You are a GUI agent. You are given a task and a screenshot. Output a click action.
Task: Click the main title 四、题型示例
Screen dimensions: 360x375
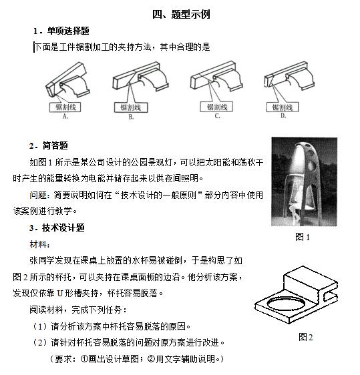pyautogui.click(x=182, y=15)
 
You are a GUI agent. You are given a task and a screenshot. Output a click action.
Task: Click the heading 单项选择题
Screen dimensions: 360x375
pyautogui.click(x=68, y=31)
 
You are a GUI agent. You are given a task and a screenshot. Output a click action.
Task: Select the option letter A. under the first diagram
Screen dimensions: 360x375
pyautogui.click(x=65, y=117)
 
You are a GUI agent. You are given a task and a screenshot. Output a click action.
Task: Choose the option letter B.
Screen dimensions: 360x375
pyautogui.click(x=131, y=117)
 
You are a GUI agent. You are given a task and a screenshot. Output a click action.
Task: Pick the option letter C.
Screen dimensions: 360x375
pyautogui.click(x=217, y=116)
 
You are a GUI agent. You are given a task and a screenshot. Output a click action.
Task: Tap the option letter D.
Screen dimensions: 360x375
pyautogui.click(x=283, y=116)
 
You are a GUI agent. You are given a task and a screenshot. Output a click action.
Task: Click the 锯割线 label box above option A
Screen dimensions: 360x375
pyautogui.click(x=65, y=107)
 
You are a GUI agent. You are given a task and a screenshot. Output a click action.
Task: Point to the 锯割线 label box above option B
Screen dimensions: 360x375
pyautogui.click(x=131, y=107)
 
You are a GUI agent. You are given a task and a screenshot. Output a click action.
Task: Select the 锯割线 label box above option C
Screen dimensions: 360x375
pyautogui.click(x=217, y=107)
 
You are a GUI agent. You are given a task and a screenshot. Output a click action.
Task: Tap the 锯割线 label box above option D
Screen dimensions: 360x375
pyautogui.click(x=283, y=107)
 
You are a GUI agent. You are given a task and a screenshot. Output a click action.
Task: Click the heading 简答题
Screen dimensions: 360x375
pyautogui.click(x=55, y=145)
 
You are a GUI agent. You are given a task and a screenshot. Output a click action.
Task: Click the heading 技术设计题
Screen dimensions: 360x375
pyautogui.click(x=63, y=228)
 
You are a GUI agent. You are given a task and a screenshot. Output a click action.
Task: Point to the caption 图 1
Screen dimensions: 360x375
pyautogui.click(x=303, y=237)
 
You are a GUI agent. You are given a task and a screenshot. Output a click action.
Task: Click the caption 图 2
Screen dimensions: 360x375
pyautogui.click(x=306, y=337)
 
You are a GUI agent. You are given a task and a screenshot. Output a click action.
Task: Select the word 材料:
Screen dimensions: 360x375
pyautogui.click(x=39, y=245)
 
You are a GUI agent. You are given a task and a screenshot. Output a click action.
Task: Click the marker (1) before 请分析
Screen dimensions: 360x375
pyautogui.click(x=41, y=326)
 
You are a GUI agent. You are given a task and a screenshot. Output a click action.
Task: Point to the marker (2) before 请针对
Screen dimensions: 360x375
pyautogui.click(x=41, y=343)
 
